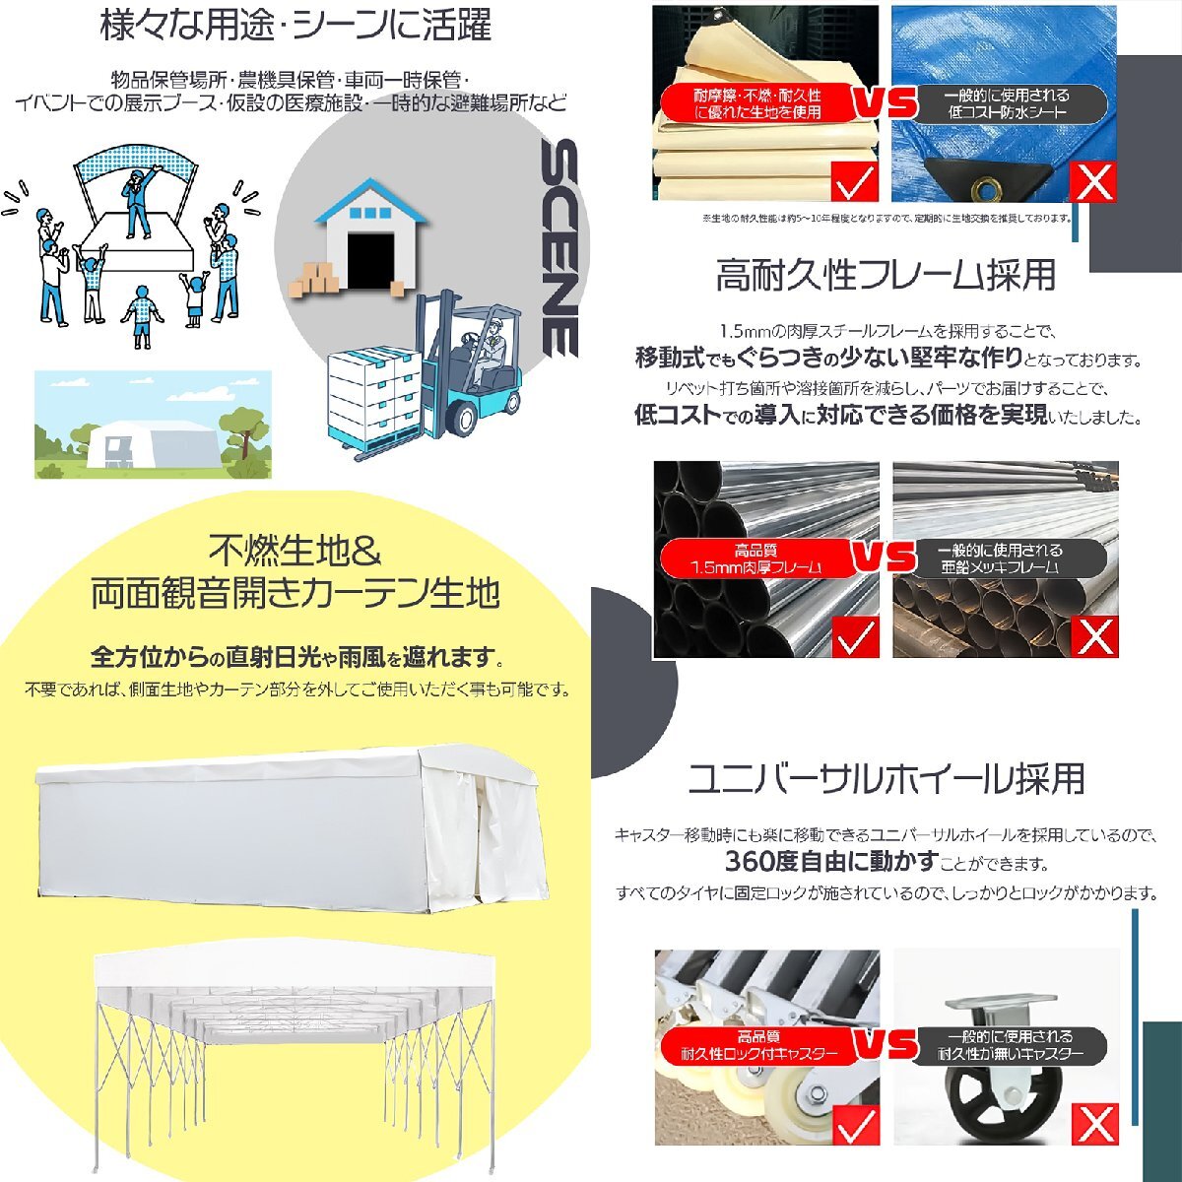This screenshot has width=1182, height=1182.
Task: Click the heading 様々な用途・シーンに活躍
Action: click(x=295, y=27)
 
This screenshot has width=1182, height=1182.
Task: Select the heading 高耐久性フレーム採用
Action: click(x=886, y=275)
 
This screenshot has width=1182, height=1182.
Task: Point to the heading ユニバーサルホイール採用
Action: click(x=886, y=779)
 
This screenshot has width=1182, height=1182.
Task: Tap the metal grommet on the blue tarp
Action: click(x=985, y=182)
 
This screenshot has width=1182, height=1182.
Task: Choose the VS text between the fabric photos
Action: click(x=883, y=103)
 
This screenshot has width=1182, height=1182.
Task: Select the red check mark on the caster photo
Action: click(x=854, y=1123)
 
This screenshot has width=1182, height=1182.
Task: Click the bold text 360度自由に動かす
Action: click(x=830, y=863)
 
